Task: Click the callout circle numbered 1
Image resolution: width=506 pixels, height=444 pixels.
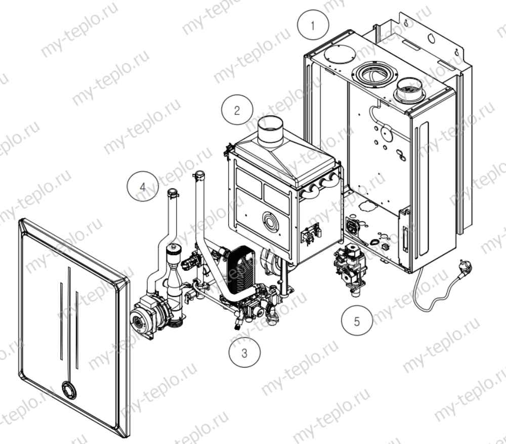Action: (313, 25)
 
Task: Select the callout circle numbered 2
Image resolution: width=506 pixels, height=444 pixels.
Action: (237, 110)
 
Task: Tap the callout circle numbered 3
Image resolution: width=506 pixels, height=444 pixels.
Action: (244, 353)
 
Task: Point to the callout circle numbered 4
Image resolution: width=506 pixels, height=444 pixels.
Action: (142, 186)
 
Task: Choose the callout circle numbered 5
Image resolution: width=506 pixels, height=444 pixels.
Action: (357, 321)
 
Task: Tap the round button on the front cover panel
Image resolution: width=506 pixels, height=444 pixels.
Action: (69, 390)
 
